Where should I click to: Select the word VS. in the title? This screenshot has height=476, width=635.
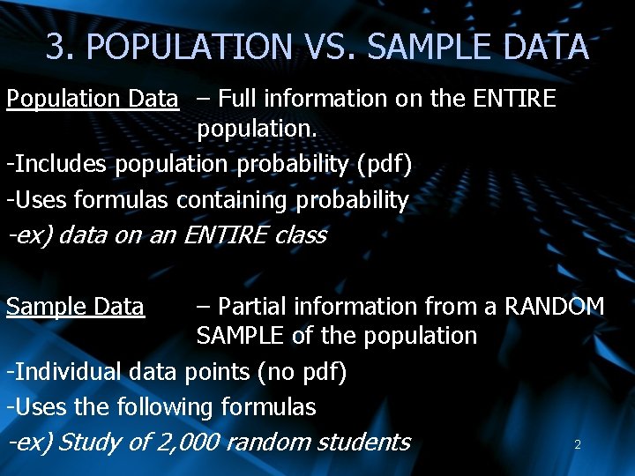325,46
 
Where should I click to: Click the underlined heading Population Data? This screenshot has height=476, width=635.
93,99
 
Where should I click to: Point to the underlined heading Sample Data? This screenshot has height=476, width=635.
75,307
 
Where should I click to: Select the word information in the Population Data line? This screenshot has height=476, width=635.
330,99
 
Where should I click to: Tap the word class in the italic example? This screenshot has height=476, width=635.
300,235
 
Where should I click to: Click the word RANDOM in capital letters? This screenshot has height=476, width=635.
554,307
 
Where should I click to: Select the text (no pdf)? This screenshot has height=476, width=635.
302,372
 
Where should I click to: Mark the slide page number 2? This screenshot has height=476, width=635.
578,445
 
